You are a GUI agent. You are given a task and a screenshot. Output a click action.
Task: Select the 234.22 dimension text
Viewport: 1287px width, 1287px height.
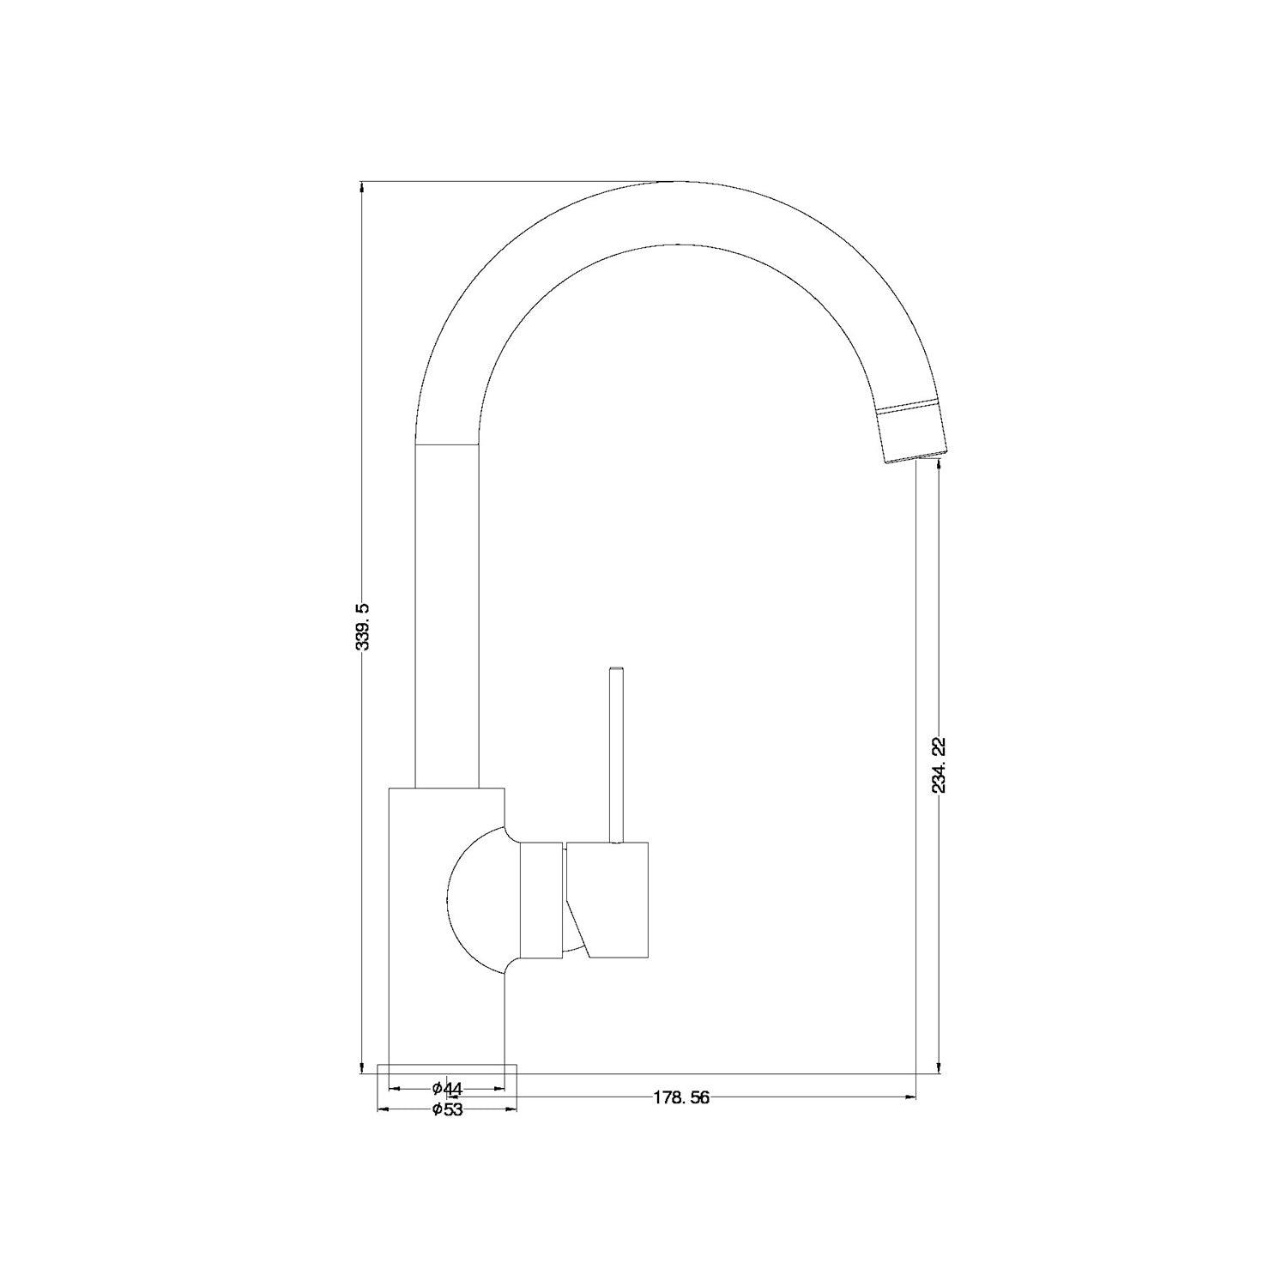[x=940, y=764]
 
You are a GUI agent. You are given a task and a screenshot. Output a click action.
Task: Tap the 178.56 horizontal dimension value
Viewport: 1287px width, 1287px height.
[x=681, y=1097]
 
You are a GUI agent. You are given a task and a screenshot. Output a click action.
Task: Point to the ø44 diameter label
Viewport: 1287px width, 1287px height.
[x=447, y=1088]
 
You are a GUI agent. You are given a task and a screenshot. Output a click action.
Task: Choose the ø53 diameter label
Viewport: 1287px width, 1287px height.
[x=447, y=1109]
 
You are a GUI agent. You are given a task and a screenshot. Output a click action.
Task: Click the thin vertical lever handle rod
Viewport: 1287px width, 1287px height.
[x=615, y=755]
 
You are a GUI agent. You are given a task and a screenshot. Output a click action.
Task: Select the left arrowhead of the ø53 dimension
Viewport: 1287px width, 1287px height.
[x=383, y=1109]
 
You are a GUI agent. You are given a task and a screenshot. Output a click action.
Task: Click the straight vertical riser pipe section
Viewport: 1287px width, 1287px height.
[x=446, y=618]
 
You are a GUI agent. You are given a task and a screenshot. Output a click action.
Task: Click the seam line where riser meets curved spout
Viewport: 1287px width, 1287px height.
[x=446, y=444]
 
